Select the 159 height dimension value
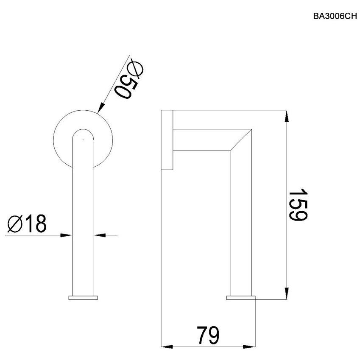click(x=298, y=204)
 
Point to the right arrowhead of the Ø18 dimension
click(x=99, y=234)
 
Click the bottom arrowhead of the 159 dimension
click(x=287, y=293)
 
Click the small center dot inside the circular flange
click(x=83, y=139)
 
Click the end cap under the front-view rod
click(x=83, y=298)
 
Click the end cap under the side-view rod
click(x=241, y=298)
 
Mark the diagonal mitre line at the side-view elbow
click(x=241, y=139)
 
